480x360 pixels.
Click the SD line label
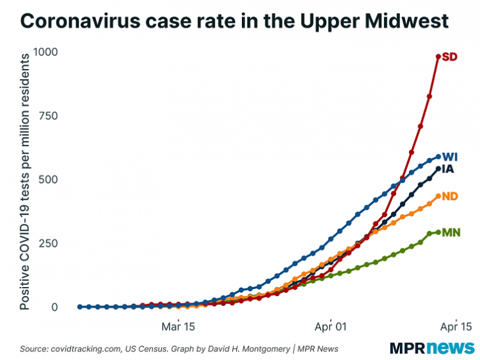(450, 57)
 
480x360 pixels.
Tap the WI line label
(450, 157)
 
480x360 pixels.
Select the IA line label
(450, 170)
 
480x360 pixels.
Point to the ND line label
(450, 196)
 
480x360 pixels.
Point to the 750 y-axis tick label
(57, 116)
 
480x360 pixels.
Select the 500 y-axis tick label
(57, 179)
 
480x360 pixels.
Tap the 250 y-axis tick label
(57, 243)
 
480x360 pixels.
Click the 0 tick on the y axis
(64, 307)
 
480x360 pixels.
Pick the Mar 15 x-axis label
(178, 326)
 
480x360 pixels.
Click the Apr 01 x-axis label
(330, 326)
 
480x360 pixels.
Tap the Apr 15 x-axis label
(456, 326)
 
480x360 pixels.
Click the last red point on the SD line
(439, 57)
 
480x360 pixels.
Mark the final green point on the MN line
(439, 232)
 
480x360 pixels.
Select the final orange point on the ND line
(439, 196)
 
